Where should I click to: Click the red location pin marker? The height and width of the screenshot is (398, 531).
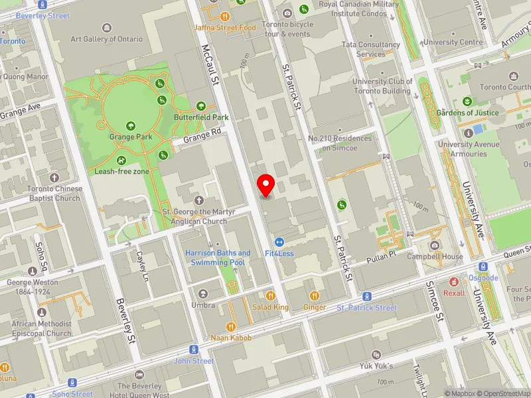[266, 185]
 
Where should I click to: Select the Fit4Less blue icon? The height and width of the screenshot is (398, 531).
[279, 242]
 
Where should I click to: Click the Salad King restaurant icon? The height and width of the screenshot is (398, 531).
[270, 296]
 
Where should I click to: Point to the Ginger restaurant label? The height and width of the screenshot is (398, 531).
[314, 307]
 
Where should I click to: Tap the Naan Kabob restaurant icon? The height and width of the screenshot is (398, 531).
[231, 326]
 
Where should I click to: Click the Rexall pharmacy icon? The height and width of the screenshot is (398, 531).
[454, 282]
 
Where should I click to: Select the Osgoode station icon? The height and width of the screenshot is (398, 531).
[483, 267]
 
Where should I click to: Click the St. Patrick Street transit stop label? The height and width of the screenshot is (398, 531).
[366, 308]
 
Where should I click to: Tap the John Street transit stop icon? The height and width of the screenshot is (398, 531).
[194, 350]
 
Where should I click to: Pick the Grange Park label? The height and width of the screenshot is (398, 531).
[131, 137]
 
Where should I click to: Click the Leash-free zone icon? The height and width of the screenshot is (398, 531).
[121, 160]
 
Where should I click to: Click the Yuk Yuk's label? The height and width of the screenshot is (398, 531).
[376, 365]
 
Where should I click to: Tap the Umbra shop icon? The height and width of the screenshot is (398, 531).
[203, 293]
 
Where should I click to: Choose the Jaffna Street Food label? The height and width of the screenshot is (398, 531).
[225, 28]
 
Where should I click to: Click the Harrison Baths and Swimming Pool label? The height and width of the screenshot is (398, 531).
[218, 257]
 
